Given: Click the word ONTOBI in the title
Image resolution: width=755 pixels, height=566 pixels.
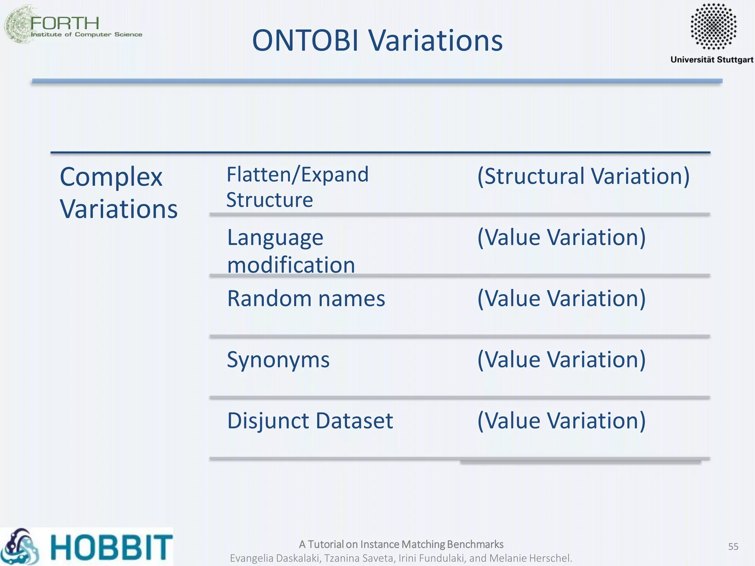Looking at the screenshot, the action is [x=306, y=40].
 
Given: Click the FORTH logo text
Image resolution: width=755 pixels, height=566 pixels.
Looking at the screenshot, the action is [x=65, y=23].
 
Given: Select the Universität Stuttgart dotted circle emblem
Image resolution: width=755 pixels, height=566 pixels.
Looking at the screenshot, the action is [x=713, y=26].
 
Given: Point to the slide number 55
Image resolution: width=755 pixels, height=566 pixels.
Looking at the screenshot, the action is [x=733, y=546].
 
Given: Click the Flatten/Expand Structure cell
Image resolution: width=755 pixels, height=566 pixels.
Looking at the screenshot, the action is [x=298, y=187].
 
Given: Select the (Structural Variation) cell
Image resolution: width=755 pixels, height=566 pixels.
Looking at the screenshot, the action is [x=583, y=176].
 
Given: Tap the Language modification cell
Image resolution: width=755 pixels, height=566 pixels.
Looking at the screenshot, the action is [x=291, y=251].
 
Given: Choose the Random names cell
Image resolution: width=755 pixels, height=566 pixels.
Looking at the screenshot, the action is [x=306, y=298].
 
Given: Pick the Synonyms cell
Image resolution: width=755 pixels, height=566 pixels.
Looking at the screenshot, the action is [x=278, y=360].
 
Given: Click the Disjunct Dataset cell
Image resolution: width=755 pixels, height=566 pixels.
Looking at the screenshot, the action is [x=310, y=421].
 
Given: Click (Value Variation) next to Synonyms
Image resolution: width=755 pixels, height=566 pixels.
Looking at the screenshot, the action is [x=561, y=360].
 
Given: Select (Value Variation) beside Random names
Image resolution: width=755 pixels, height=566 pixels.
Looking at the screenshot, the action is [x=561, y=298].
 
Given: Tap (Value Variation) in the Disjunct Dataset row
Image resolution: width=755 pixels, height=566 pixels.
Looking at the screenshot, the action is [x=561, y=421].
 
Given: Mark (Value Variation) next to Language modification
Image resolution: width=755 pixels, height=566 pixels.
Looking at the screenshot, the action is [x=561, y=237].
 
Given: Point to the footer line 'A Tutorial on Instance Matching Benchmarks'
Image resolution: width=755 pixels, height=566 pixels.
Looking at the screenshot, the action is [x=401, y=544].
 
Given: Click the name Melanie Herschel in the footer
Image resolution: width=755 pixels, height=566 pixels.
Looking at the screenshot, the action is [x=530, y=558].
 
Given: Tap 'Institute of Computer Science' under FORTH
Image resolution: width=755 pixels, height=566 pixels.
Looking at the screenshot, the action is [x=87, y=34].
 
